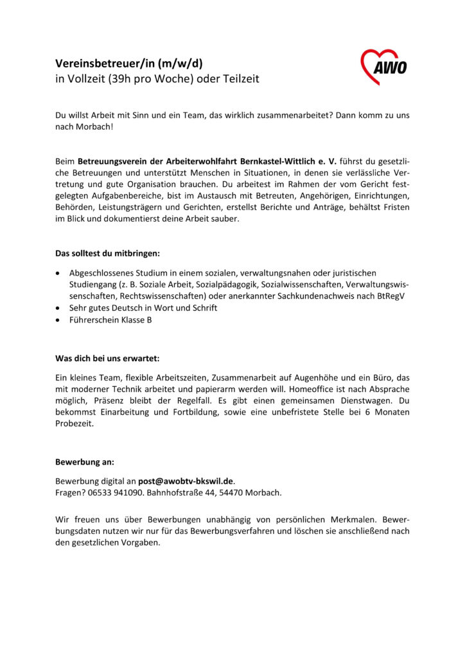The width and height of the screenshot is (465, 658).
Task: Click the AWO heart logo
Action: point(383,66)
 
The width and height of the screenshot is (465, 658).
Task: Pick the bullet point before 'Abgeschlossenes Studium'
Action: point(59,273)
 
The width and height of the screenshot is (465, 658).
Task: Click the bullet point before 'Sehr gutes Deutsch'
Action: point(59,308)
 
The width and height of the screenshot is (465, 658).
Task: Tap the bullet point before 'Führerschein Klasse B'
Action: point(59,319)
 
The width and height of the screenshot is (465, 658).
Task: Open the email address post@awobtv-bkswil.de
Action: point(186,481)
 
